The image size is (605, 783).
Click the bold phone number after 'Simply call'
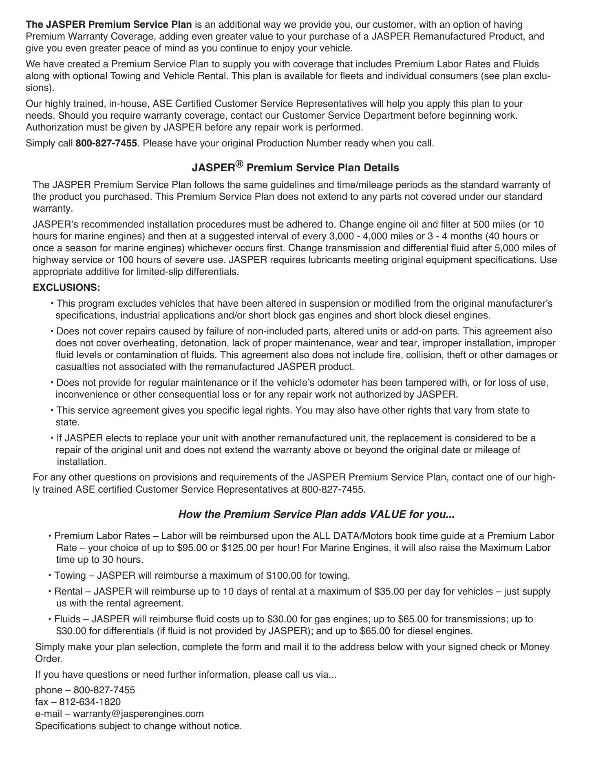[x=106, y=144]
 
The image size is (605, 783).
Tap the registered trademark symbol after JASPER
[x=239, y=164]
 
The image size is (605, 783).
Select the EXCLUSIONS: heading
[x=66, y=288]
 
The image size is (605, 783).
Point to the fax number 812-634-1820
[x=90, y=702]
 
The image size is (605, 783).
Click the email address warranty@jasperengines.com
[x=138, y=714]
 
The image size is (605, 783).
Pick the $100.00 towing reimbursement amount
[x=284, y=575]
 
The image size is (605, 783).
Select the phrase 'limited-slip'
[x=161, y=272]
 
